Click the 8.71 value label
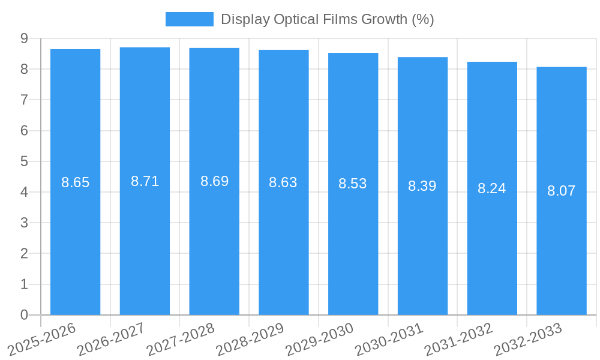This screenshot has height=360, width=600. (145, 181)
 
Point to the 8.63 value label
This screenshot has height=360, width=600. (283, 182)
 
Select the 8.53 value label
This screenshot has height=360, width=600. (353, 184)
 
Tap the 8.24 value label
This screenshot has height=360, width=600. (492, 188)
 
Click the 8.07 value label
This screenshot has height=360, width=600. (562, 191)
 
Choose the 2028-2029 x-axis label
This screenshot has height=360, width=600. (250, 338)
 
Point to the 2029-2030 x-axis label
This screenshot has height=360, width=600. (320, 338)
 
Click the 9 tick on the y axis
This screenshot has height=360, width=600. (25, 38)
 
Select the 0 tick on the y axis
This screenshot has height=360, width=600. (25, 315)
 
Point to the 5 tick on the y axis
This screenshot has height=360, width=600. (25, 161)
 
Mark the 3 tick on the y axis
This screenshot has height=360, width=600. (25, 223)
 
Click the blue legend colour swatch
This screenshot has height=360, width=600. (190, 19)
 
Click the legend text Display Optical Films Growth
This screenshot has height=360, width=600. (327, 19)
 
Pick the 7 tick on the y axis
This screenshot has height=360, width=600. (25, 100)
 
